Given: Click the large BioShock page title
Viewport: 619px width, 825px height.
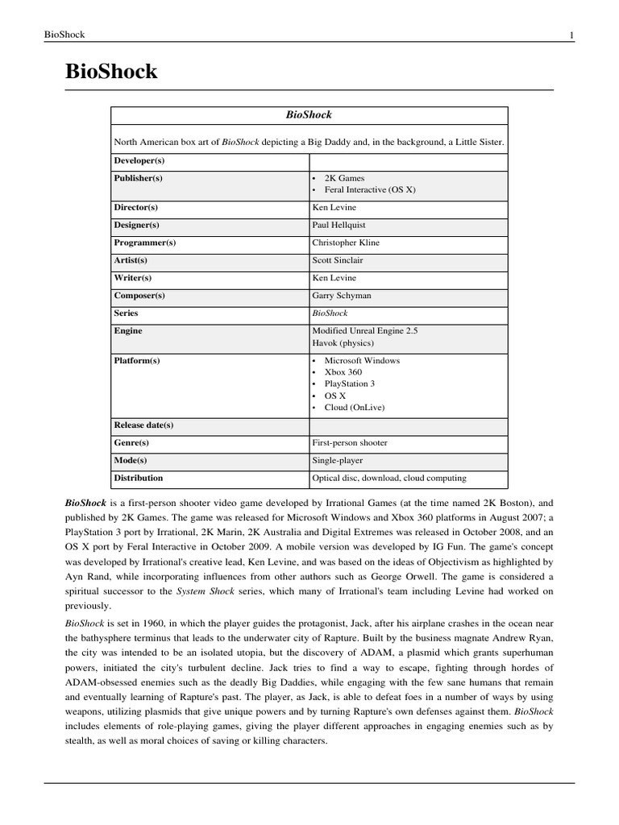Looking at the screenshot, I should coord(111,72).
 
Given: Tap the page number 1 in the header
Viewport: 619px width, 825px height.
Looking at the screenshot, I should coord(571,35).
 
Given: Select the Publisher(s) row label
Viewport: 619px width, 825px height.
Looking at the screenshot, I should coord(139,178).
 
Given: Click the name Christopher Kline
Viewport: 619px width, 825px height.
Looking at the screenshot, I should coord(346,243).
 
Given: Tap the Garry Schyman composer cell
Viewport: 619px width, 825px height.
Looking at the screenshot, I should coord(342,296).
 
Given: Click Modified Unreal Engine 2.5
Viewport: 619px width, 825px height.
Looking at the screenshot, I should coord(365,331).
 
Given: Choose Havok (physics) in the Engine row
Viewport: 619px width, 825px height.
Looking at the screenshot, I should coord(343,343).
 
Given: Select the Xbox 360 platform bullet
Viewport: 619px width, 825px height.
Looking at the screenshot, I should coord(343,372).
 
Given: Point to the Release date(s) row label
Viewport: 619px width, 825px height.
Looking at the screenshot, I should coord(143,425).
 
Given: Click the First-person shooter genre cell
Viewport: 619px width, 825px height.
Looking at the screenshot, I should coord(350,443).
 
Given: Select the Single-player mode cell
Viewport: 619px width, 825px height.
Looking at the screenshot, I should coord(338,461).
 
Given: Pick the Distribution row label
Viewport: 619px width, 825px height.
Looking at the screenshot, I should coord(139,479).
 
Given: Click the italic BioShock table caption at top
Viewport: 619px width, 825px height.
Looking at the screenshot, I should coord(309,115).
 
